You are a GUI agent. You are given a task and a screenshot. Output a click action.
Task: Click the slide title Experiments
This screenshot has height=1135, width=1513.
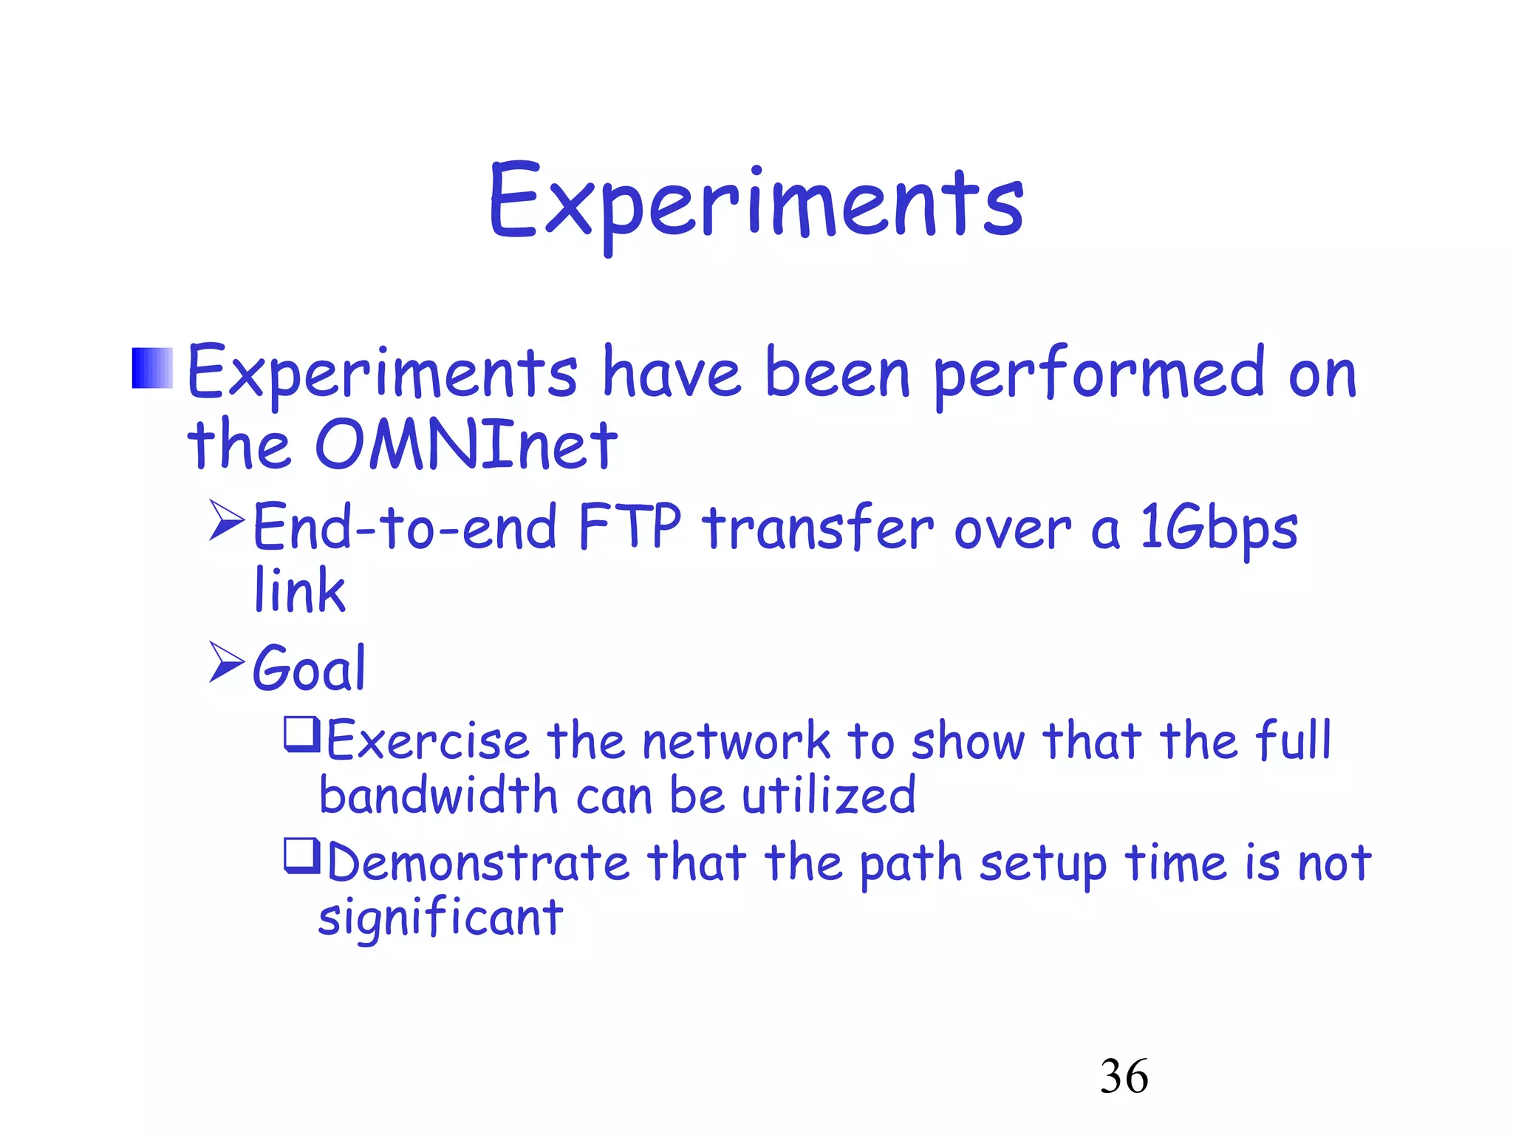click(x=756, y=203)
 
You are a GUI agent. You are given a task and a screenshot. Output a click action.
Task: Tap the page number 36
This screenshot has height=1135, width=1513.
click(x=1124, y=1076)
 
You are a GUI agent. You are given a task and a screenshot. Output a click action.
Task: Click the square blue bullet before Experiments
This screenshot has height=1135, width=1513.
click(x=152, y=367)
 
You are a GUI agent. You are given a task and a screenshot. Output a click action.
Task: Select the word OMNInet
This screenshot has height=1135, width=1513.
click(x=465, y=445)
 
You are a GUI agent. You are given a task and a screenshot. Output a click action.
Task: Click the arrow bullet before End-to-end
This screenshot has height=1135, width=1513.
click(x=226, y=520)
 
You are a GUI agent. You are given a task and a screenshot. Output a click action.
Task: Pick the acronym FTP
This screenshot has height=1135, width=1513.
click(x=630, y=526)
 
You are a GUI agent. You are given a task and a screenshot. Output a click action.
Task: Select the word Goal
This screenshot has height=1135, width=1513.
click(x=310, y=668)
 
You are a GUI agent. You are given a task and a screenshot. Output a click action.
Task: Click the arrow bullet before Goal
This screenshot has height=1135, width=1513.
click(x=226, y=661)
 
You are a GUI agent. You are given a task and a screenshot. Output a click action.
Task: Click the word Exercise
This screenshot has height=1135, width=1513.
click(x=428, y=740)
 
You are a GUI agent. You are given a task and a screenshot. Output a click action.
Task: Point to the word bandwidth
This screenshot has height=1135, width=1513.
click(x=437, y=795)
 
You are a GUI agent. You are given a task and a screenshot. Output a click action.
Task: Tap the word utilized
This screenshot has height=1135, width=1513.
click(x=828, y=795)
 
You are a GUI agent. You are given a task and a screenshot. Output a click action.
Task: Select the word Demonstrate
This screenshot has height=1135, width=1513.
click(x=477, y=862)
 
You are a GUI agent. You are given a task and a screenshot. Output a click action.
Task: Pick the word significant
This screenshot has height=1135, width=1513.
click(x=440, y=918)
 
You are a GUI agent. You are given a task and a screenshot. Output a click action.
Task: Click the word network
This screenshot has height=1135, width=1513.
click(x=736, y=740)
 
